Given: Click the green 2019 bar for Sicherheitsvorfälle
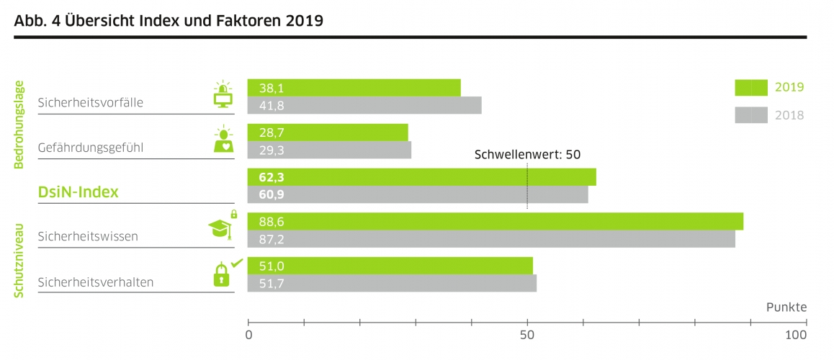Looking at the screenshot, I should (354, 88).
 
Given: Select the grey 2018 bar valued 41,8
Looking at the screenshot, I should (364, 105).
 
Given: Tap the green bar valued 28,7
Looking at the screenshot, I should (328, 132).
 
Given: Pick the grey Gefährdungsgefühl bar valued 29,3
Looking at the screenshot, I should (329, 150).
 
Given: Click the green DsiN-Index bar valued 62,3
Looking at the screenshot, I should (421, 177).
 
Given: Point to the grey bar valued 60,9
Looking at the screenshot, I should (418, 194).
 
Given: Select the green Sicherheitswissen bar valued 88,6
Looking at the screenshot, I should (495, 222).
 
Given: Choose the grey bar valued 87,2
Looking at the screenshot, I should (491, 239).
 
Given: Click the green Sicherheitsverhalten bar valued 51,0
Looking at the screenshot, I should (390, 266).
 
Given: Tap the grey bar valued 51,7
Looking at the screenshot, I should (392, 283).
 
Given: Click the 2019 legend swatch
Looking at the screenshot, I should (751, 88).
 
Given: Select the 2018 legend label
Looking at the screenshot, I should (789, 115).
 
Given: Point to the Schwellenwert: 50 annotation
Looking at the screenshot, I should (527, 154).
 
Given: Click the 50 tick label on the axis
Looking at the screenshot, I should (527, 336).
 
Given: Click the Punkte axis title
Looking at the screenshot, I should (786, 307).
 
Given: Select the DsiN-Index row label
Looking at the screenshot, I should (78, 192).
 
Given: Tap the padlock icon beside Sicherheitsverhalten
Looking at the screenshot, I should (222, 274).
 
